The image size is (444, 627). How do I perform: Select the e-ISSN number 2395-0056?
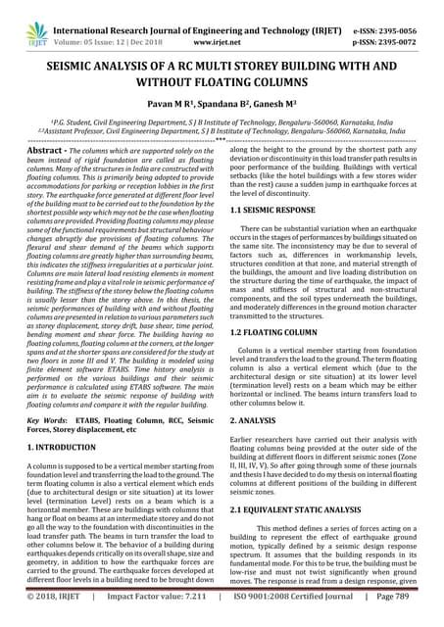coord(411,11)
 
